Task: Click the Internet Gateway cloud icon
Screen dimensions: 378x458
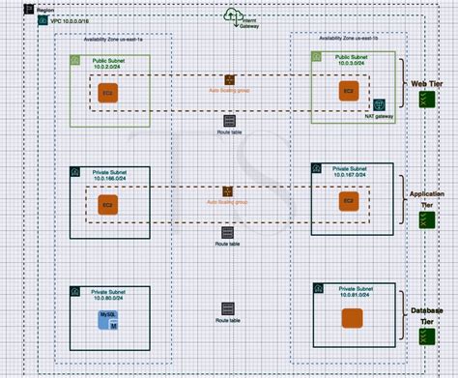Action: click(x=233, y=15)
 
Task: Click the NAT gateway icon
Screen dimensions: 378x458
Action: click(x=380, y=104)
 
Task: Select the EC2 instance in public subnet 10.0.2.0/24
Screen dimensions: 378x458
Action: click(x=108, y=92)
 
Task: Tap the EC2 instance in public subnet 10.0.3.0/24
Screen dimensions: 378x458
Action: click(x=346, y=90)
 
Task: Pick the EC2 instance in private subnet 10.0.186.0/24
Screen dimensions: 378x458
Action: click(x=107, y=205)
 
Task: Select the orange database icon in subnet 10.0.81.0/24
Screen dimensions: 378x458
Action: click(x=352, y=318)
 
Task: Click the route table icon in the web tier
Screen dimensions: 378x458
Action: click(x=229, y=122)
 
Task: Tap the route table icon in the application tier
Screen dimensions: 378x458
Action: click(x=228, y=233)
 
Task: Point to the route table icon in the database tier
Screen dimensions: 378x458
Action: click(x=228, y=309)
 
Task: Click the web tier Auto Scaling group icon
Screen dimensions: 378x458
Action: click(x=229, y=79)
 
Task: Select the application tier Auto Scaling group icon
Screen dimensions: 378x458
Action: click(x=228, y=191)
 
